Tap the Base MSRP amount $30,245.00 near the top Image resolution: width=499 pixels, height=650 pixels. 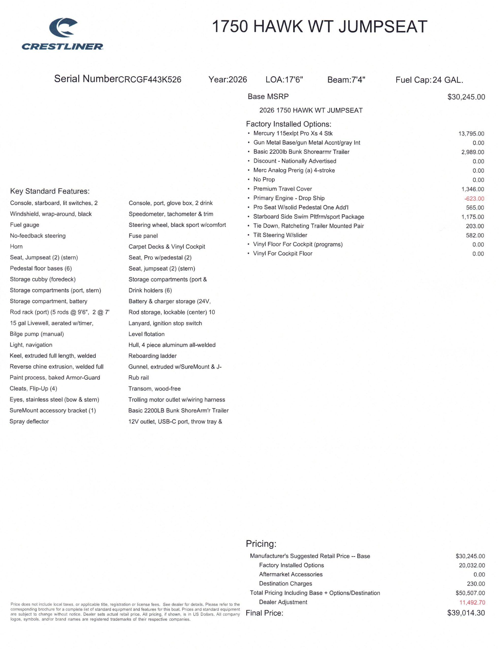466,97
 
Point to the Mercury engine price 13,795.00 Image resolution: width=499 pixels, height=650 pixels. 471,134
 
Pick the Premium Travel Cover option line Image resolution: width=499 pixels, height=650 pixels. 282,189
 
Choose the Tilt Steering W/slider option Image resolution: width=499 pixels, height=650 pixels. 280,235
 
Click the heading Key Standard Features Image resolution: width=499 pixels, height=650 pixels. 50,191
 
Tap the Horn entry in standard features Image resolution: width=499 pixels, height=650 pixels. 16,247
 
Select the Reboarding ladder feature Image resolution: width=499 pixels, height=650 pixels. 152,356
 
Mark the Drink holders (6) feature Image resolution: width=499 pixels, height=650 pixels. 150,290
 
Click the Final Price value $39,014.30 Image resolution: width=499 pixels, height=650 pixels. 466,613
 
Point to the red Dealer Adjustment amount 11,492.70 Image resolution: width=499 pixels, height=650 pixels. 472,603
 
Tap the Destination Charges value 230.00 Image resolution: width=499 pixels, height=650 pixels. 476,584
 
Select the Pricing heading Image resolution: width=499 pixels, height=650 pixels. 261,544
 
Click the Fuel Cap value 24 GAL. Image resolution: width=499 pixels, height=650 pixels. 448,80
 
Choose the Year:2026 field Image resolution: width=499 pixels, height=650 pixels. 228,79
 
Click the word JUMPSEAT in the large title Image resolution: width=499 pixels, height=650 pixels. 383,27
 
